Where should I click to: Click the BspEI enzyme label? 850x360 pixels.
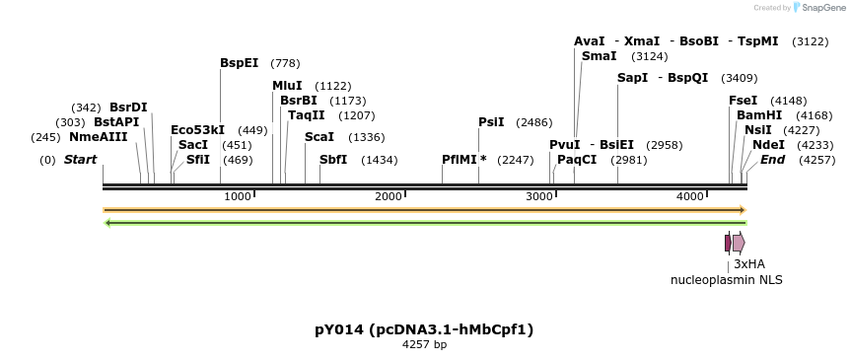tap(239, 63)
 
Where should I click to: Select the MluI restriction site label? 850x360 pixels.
tap(287, 86)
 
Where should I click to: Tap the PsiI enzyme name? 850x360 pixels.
tap(491, 122)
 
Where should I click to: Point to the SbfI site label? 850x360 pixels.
tap(333, 160)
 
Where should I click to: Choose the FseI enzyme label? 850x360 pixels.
tap(743, 101)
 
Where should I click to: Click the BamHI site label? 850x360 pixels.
tap(759, 115)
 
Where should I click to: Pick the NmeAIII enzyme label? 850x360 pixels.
tap(99, 137)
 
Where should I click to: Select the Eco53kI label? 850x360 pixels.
tap(197, 130)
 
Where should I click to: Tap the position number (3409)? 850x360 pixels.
tap(740, 78)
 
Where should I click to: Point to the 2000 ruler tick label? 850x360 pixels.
tap(389, 196)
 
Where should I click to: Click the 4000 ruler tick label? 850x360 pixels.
tap(689, 196)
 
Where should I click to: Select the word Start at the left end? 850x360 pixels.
tap(80, 160)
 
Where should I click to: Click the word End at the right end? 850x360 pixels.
tap(772, 160)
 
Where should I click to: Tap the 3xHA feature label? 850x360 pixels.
tap(748, 264)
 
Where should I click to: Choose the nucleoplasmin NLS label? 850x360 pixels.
tap(727, 280)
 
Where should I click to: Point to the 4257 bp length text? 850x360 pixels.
tap(424, 345)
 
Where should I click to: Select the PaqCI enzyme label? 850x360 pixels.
tap(577, 160)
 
